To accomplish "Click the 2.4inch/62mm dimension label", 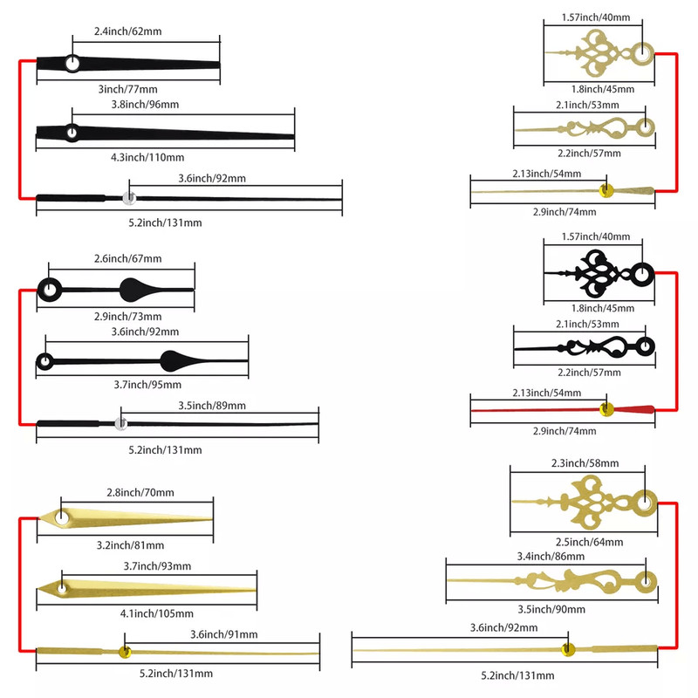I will [x=128, y=31].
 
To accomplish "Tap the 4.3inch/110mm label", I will [x=147, y=157].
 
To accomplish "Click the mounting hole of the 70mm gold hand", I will [x=64, y=519].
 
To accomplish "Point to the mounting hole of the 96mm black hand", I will [x=72, y=133].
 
